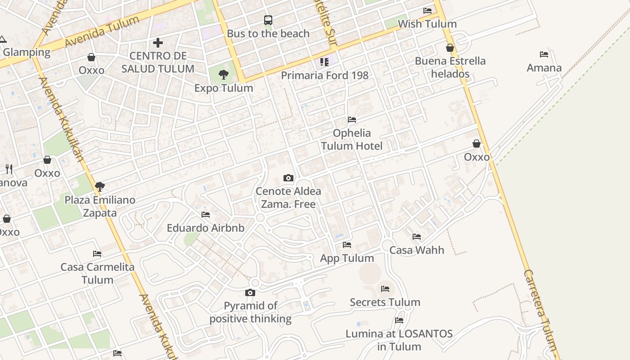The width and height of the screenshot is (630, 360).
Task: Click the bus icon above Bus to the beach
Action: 268,20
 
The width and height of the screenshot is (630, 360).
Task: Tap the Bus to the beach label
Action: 268,34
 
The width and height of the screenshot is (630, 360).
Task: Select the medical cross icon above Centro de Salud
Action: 158,43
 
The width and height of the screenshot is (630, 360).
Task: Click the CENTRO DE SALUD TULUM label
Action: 158,63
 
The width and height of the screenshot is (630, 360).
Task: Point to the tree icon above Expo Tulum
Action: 224,75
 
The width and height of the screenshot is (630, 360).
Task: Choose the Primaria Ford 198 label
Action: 324,75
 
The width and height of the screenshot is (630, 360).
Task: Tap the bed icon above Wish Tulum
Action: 427,10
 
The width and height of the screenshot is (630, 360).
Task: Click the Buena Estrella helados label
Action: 450,67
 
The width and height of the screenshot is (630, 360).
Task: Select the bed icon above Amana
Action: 544,54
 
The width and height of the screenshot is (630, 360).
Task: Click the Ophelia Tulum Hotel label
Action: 351,139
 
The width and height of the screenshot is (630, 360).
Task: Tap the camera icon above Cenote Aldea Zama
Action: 288,178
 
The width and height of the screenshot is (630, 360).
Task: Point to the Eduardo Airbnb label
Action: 206,228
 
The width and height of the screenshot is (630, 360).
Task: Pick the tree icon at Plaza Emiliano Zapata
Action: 100,186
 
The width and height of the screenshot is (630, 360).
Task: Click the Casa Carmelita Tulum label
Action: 98,273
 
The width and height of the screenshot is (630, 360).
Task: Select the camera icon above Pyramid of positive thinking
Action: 250,293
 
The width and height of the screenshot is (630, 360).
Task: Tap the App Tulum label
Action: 347,258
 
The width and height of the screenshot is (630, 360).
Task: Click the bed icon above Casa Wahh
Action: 417,236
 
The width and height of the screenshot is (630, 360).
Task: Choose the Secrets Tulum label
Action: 385,302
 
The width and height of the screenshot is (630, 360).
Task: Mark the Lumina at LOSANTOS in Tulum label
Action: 399,340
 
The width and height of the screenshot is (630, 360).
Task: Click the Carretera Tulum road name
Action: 542,310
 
